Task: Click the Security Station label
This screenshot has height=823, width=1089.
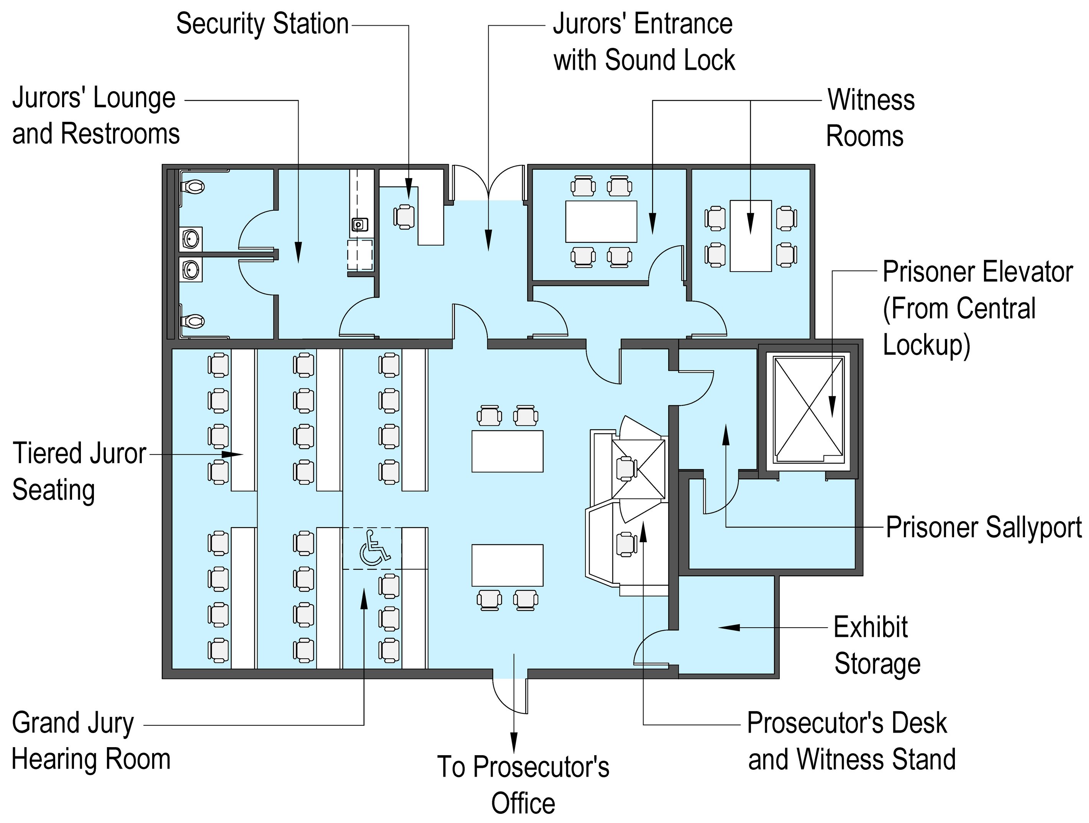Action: tap(262, 24)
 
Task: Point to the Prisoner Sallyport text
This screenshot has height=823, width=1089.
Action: tap(984, 528)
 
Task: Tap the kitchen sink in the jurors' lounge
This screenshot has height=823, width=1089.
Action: tap(359, 225)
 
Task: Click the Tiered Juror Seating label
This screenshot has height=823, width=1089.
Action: tap(79, 472)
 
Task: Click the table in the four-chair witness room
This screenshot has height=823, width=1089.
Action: tap(750, 236)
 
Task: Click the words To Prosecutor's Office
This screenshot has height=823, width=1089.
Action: tap(523, 785)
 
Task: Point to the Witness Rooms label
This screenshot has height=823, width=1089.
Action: tap(870, 118)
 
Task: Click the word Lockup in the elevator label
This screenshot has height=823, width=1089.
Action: tap(925, 344)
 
